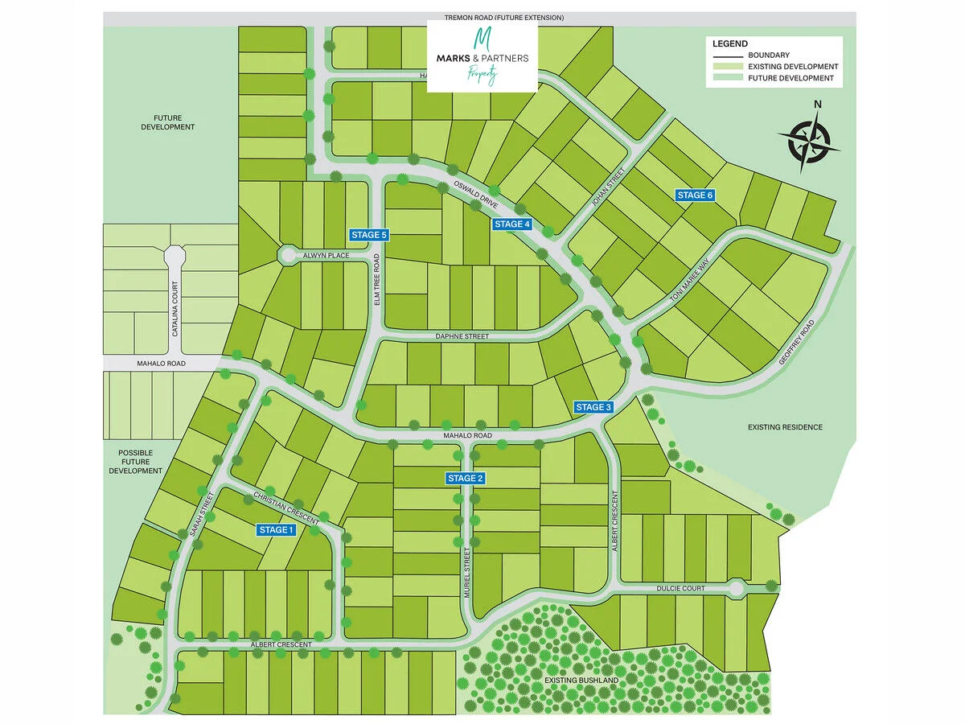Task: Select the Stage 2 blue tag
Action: coord(466,479)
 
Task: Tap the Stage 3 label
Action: coord(594,407)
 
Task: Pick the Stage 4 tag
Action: coord(512,224)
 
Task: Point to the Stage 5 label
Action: coord(370,235)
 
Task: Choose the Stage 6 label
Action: coord(695,195)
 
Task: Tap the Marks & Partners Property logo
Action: coord(482,56)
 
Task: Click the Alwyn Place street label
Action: coord(326,256)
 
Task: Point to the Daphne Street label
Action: coord(461,336)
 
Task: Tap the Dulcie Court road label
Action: coord(680,589)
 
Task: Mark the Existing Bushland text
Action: coord(581,681)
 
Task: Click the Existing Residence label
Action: coord(785,427)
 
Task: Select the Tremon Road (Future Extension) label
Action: coord(504,18)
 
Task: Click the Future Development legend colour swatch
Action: coord(726,79)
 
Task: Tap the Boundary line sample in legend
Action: coord(726,55)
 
